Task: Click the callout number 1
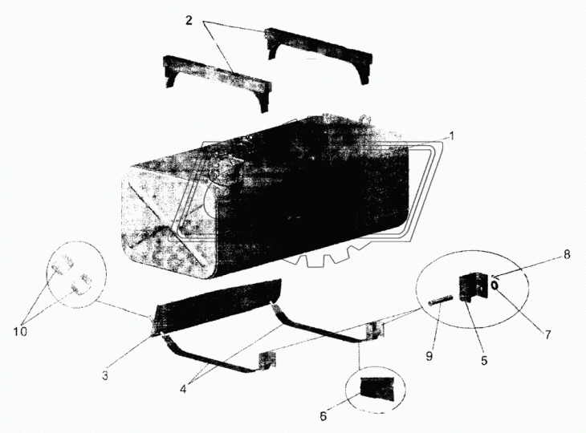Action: [x=451, y=136]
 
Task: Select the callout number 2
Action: [x=189, y=20]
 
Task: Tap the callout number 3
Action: [x=105, y=375]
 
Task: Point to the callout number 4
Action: [x=183, y=389]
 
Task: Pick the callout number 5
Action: [x=484, y=361]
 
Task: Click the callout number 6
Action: [x=324, y=416]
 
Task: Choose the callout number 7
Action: [x=547, y=335]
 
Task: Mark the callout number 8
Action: [x=567, y=254]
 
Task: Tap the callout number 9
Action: [x=429, y=356]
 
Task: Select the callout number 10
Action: [x=21, y=331]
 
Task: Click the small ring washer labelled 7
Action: [x=494, y=285]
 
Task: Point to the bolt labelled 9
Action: [x=441, y=301]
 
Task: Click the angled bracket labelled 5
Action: [x=473, y=286]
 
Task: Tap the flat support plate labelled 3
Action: [x=217, y=306]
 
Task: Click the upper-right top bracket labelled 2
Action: [x=319, y=55]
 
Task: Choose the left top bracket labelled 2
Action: [x=217, y=82]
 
